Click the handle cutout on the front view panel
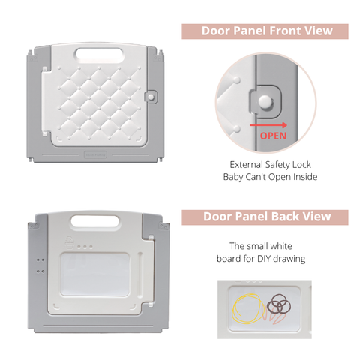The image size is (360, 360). coord(100,55)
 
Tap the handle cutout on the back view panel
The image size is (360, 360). coord(95,221)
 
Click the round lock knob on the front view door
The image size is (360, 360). coord(151,97)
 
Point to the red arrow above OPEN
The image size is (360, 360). coord(268,125)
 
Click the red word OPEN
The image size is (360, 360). coord(273,136)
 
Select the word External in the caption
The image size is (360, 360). coord(246,165)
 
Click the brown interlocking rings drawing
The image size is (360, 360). coord(279,304)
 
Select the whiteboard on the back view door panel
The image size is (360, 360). coord(94,274)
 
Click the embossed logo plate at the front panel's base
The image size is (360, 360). coord(95,155)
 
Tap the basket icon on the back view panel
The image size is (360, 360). coord(70,242)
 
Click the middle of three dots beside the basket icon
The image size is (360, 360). coord(85,247)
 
